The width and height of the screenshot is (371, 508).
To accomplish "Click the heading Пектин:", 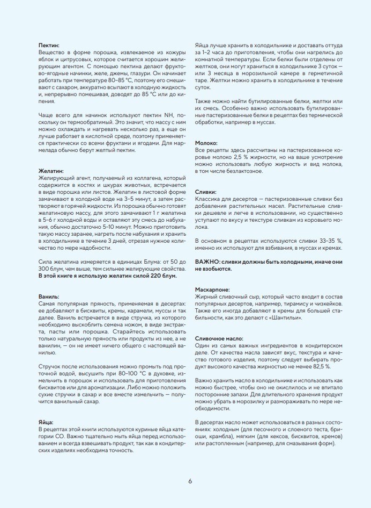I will (x=49, y=45).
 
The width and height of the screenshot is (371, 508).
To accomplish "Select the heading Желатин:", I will (x=51, y=170).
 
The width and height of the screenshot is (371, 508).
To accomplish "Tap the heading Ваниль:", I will (x=49, y=296).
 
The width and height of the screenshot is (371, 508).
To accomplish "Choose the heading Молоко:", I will (x=206, y=143).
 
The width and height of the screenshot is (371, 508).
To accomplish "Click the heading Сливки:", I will (x=205, y=192).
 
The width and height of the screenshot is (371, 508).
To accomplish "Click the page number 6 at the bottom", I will (x=190, y=481).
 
